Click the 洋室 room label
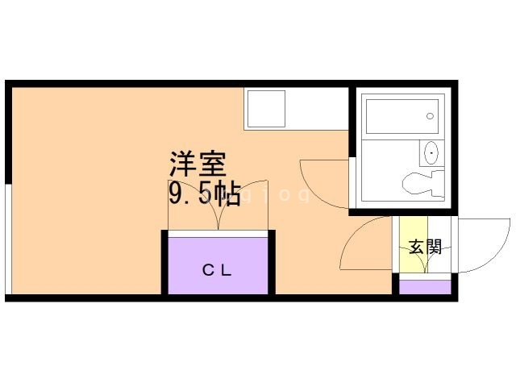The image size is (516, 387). pyautogui.click(x=198, y=164)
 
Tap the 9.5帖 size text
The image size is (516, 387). pyautogui.click(x=204, y=194)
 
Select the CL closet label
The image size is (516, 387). pyautogui.click(x=217, y=271)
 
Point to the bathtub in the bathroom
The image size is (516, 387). pyautogui.click(x=402, y=116)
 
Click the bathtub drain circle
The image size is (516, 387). pyautogui.click(x=430, y=116)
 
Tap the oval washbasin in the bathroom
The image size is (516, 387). pyautogui.click(x=431, y=153)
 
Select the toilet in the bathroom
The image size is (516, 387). pyautogui.click(x=423, y=183)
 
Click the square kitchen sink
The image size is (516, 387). pyautogui.click(x=266, y=109)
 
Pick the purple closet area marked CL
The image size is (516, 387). pyautogui.click(x=218, y=266)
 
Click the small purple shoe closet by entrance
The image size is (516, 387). pyautogui.click(x=425, y=287)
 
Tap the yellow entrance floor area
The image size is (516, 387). pyautogui.click(x=414, y=244)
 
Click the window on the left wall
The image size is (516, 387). pyautogui.click(x=9, y=239)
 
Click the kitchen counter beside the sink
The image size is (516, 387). pyautogui.click(x=317, y=109)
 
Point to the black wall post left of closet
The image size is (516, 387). pyautogui.click(x=164, y=262)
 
